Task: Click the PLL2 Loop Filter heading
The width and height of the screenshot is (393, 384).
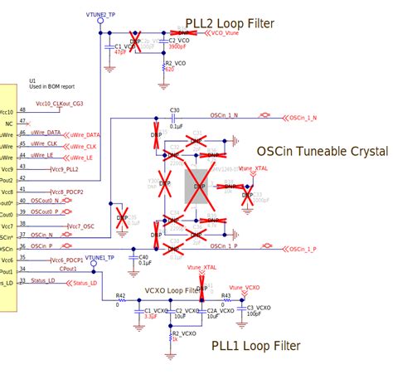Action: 230,23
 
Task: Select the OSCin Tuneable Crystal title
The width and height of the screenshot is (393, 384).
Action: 322,151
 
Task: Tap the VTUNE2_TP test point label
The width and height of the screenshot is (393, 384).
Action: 101,15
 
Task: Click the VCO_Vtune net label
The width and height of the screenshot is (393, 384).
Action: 226,34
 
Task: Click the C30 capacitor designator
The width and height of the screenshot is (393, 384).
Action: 174,109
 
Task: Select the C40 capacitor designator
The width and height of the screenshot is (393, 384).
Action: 143,256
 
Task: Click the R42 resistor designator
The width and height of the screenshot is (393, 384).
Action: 121,296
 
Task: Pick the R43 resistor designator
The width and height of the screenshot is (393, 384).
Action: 226,296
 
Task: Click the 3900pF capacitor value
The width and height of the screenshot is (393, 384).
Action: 177,47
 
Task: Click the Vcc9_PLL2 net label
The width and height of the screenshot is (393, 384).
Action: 65,169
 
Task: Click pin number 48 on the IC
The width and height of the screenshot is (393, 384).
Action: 22,109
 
